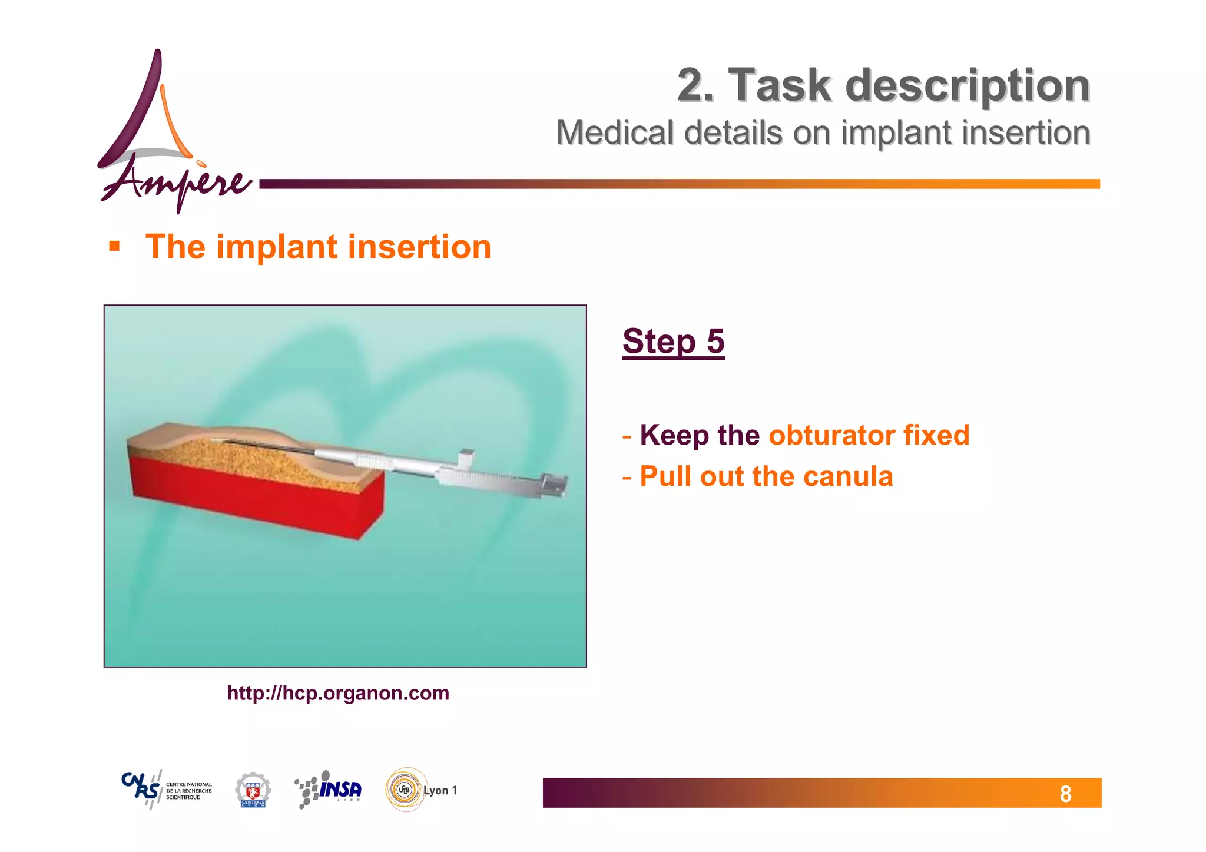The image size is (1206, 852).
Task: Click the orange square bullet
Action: (114, 246)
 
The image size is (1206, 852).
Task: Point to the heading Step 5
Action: (673, 342)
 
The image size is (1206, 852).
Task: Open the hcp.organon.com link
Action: (338, 693)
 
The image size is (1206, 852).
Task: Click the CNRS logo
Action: (167, 790)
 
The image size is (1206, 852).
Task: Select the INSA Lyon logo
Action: (329, 790)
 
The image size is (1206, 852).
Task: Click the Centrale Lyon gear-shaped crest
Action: (253, 790)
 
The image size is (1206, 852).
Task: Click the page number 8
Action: (1065, 794)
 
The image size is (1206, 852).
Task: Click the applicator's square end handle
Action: (554, 485)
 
